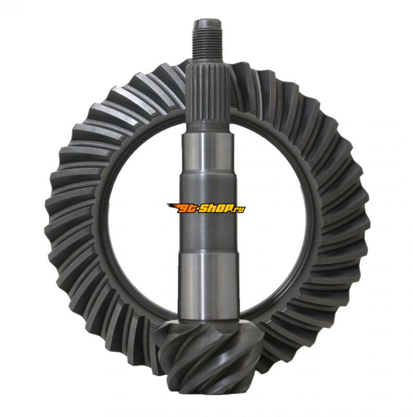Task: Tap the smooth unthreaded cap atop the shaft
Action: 208,24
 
